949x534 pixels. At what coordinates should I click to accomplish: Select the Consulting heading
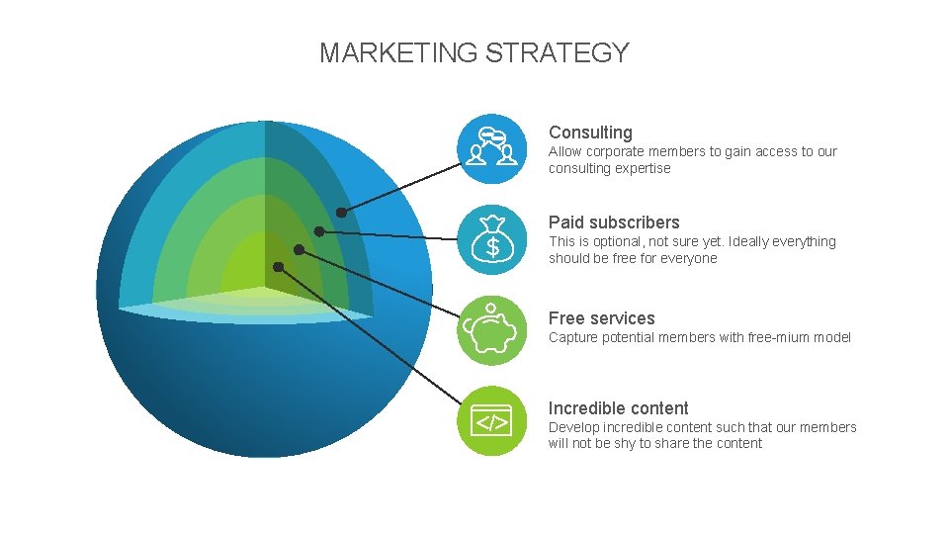(x=590, y=133)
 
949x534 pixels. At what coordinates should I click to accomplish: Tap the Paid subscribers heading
(x=614, y=222)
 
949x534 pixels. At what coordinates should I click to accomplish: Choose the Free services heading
(x=601, y=318)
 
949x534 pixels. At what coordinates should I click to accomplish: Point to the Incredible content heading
(x=618, y=408)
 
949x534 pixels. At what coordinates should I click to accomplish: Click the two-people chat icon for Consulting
(x=492, y=148)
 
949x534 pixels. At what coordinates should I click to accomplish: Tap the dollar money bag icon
(x=492, y=238)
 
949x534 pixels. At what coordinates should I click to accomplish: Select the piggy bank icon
(x=492, y=330)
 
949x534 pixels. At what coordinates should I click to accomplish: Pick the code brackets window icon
(x=492, y=421)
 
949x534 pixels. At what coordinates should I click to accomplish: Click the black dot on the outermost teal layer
(x=341, y=212)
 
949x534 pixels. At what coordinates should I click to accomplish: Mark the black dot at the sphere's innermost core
(x=279, y=266)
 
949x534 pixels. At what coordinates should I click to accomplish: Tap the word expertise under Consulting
(x=644, y=168)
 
